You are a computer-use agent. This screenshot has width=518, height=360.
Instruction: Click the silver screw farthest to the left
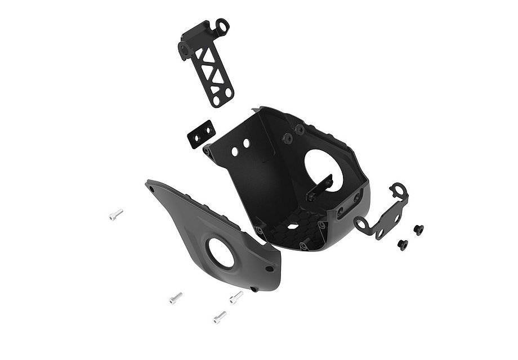tap(115, 214)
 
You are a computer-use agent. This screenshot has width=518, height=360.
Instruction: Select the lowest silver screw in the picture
tap(220, 317)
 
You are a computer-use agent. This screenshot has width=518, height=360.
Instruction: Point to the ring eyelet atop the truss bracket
tap(223, 25)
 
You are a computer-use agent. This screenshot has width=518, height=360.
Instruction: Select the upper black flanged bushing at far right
tap(418, 229)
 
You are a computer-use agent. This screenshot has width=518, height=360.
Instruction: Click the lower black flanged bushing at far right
tap(403, 245)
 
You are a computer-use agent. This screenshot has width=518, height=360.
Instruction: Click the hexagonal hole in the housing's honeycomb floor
tap(292, 226)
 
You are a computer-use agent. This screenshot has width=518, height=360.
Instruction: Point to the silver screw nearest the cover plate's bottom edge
tap(236, 296)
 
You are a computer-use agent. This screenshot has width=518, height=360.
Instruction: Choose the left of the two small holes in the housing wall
tap(235, 151)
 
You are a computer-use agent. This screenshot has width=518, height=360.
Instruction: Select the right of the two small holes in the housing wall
tap(246, 145)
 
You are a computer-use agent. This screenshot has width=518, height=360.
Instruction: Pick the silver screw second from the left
tap(176, 297)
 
